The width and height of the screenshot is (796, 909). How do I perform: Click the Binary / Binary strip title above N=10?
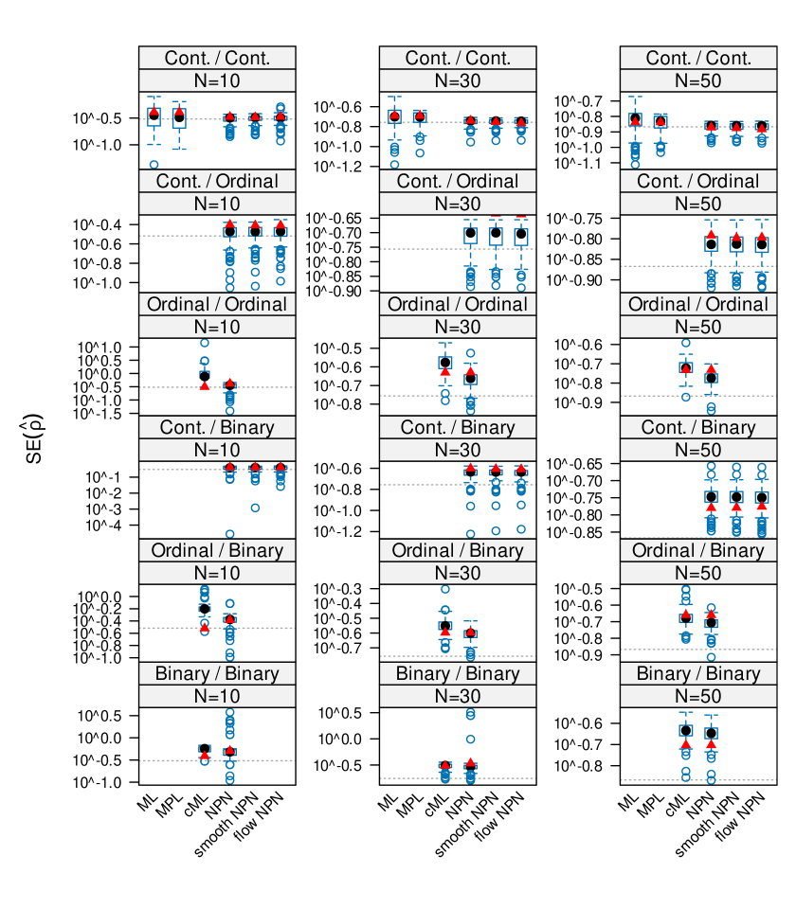(x=217, y=673)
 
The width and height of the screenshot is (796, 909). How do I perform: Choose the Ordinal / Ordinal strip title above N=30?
(x=458, y=304)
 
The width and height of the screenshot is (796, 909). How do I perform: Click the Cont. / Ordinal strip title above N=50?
(x=698, y=181)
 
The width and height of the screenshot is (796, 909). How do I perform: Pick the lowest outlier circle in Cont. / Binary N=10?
(x=229, y=534)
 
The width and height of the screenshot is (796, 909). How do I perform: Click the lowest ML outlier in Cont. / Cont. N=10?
(x=154, y=165)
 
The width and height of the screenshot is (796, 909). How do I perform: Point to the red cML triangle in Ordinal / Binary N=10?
(x=204, y=627)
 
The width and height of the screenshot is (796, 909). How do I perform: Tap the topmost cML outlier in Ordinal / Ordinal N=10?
(x=204, y=343)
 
